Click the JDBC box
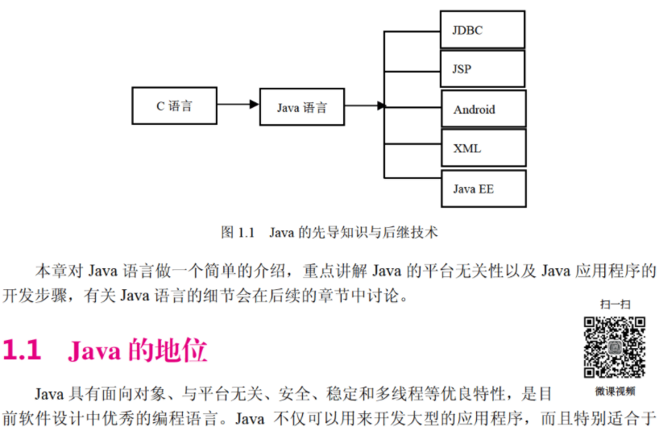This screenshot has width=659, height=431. (483, 30)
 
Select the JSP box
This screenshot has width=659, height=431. (483, 69)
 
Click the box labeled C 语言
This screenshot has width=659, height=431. (175, 106)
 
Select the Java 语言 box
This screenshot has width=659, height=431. (302, 107)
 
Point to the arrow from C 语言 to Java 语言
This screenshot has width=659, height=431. (238, 105)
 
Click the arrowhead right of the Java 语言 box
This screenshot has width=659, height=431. (378, 106)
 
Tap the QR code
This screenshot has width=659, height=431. (615, 347)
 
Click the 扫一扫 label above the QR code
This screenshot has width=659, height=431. (614, 305)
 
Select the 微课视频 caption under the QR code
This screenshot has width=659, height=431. (615, 392)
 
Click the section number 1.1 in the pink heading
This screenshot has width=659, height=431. (22, 351)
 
